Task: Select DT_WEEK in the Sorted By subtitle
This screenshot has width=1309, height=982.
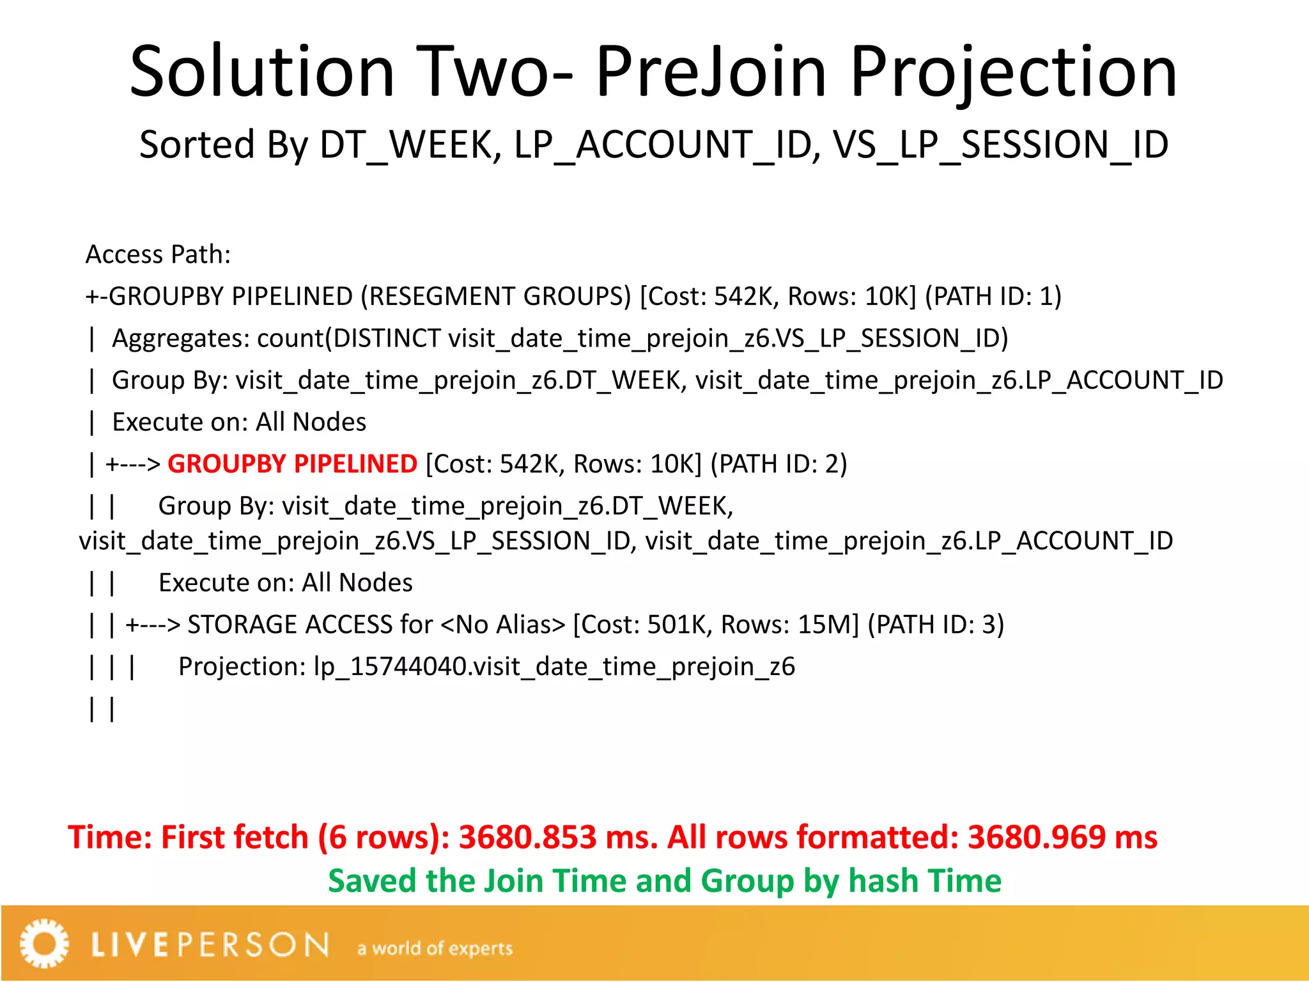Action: pos(406,145)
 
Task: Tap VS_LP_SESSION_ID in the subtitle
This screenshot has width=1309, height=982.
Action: pos(1001,145)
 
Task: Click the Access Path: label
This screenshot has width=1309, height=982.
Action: pos(158,254)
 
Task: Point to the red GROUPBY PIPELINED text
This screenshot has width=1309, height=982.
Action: pos(292,464)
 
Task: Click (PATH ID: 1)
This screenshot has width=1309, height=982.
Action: pos(993,296)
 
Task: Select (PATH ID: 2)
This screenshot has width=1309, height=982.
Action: pos(778,464)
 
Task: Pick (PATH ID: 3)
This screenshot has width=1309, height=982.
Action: pos(936,625)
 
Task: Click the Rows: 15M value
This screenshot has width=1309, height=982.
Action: pos(789,625)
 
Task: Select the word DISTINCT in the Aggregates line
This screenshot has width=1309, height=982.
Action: pos(387,338)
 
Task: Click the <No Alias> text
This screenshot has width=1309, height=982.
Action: pos(503,625)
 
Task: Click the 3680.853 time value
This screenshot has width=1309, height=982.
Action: pos(527,838)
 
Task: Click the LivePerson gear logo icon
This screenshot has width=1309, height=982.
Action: pos(43,943)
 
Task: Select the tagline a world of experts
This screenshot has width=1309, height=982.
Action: pos(435,948)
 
